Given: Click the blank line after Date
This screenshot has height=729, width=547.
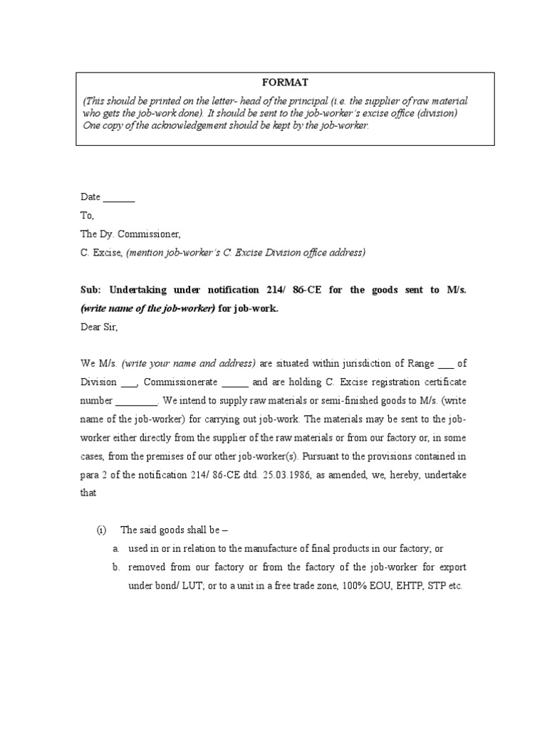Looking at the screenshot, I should point(120,199).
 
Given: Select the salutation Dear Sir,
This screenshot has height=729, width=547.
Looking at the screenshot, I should point(98,328).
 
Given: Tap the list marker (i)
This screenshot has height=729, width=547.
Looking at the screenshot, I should point(102,530).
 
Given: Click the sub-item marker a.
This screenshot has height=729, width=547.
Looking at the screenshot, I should point(115,549).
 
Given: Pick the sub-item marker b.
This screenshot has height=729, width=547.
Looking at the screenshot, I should point(115,567).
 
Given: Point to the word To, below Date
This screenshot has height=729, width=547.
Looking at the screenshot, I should point(87,216).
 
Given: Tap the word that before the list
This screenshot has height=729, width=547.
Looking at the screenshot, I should point(88,493).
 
